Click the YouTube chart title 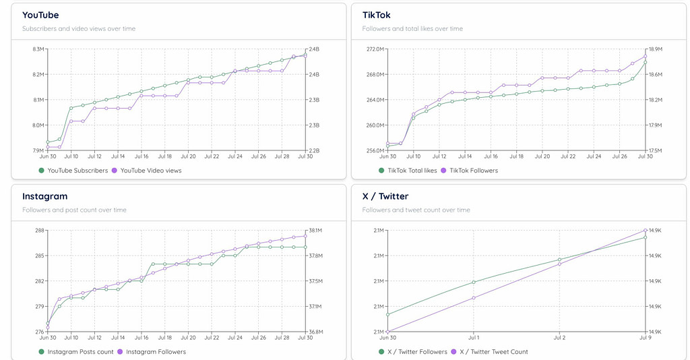[x=40, y=15]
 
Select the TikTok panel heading [x=376, y=15]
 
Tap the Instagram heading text [x=44, y=196]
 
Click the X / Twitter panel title [x=385, y=196]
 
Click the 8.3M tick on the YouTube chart [x=38, y=49]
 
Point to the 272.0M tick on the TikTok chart [x=375, y=49]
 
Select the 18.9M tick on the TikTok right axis [x=655, y=49]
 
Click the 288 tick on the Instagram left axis [x=40, y=231]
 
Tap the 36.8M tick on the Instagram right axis [x=315, y=332]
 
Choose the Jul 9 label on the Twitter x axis [x=645, y=337]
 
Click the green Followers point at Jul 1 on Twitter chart [x=474, y=282]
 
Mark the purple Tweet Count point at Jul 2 [x=559, y=264]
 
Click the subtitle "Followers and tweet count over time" [x=416, y=210]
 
